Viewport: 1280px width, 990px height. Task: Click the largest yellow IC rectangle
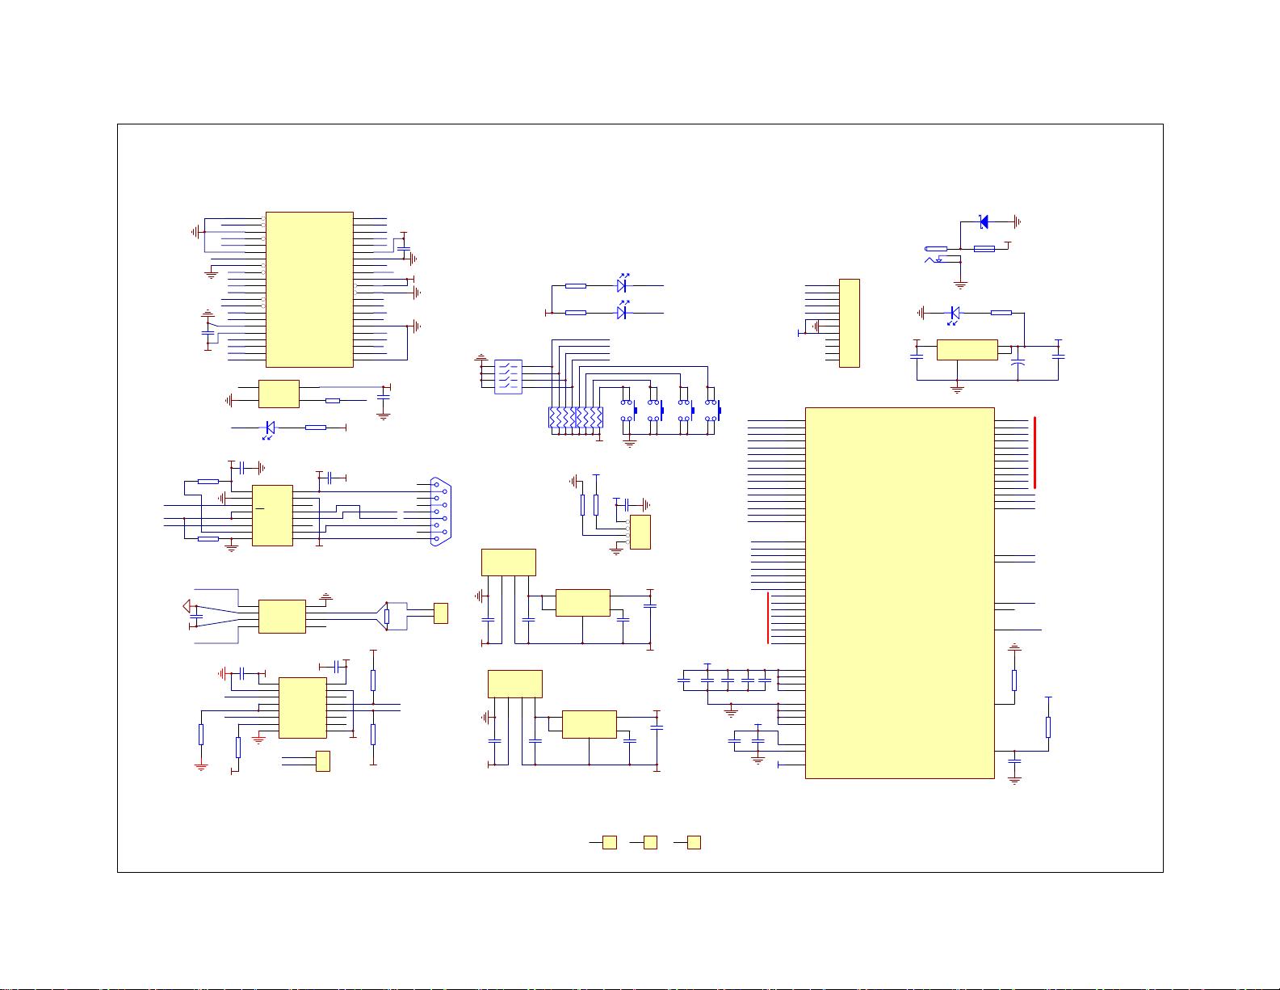(x=900, y=592)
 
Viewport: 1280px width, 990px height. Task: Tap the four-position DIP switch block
(x=508, y=377)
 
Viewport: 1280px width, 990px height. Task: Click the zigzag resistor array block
(x=575, y=418)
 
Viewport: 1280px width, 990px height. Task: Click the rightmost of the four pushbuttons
(x=712, y=411)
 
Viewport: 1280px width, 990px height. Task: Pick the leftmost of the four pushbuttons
(x=628, y=411)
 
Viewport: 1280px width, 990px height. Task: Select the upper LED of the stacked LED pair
(x=622, y=286)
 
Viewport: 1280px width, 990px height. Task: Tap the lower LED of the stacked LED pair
(x=622, y=313)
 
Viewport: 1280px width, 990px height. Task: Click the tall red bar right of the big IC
(x=1034, y=453)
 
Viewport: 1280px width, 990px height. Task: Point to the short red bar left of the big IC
(x=768, y=617)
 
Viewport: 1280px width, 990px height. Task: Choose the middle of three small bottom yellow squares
(x=650, y=842)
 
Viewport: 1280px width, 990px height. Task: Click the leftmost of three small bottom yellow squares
(x=611, y=842)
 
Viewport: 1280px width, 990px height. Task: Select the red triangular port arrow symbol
(x=186, y=606)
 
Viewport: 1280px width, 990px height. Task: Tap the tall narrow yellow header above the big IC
(x=849, y=322)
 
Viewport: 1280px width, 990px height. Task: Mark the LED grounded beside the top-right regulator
(x=955, y=313)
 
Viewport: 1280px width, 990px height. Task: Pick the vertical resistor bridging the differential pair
(x=387, y=617)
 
